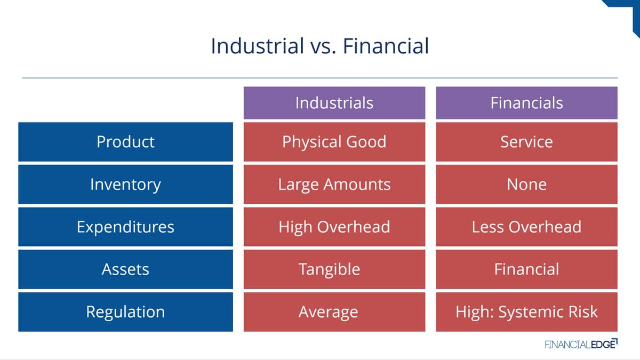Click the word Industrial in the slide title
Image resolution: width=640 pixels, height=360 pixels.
coord(257,46)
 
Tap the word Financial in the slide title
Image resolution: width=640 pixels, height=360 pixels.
coord(386,46)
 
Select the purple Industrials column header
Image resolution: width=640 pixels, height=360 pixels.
coord(334,103)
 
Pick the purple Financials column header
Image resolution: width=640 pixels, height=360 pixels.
coord(526,103)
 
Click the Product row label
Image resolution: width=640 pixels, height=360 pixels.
coord(126,142)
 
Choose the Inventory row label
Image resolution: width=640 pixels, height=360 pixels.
coord(126,185)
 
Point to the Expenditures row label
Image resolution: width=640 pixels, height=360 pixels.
coord(126,227)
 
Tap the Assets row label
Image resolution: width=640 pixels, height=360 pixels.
coord(126,269)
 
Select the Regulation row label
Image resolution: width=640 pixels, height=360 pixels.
coord(126,311)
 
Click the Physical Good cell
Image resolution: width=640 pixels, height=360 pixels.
coord(334,142)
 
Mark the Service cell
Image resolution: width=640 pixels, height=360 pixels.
coord(526,142)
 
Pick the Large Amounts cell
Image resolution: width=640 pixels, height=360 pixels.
coord(334,185)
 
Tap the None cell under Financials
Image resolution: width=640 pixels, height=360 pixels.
coord(526,185)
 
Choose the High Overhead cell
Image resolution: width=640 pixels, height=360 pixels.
coord(334,227)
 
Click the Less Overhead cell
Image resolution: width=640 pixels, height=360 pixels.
coord(526,227)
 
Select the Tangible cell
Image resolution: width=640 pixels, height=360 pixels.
coord(334,269)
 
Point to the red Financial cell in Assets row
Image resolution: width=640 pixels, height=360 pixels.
coord(526,269)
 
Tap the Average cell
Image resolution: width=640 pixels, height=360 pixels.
coord(334,311)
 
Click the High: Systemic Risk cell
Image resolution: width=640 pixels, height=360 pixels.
coord(526,311)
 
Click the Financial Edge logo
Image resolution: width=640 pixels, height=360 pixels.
coord(581,344)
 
